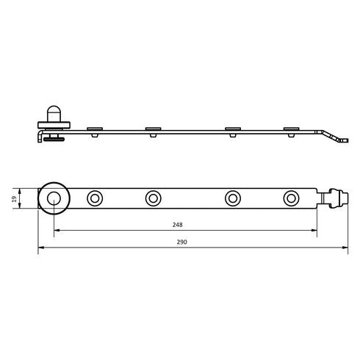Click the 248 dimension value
177,225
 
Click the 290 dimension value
181,242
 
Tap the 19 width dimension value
15,198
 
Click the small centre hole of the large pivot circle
54,198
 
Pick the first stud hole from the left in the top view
95,198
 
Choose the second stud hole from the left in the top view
154,198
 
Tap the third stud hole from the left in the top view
233,198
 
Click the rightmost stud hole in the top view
291,198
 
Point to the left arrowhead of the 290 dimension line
41,248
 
